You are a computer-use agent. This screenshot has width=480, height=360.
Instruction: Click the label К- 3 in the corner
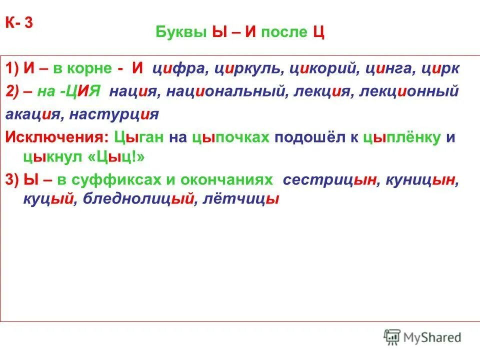click(x=19, y=23)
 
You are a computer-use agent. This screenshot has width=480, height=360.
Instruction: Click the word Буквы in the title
click(x=177, y=33)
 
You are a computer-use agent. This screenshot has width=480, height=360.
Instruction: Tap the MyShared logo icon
click(x=392, y=337)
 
